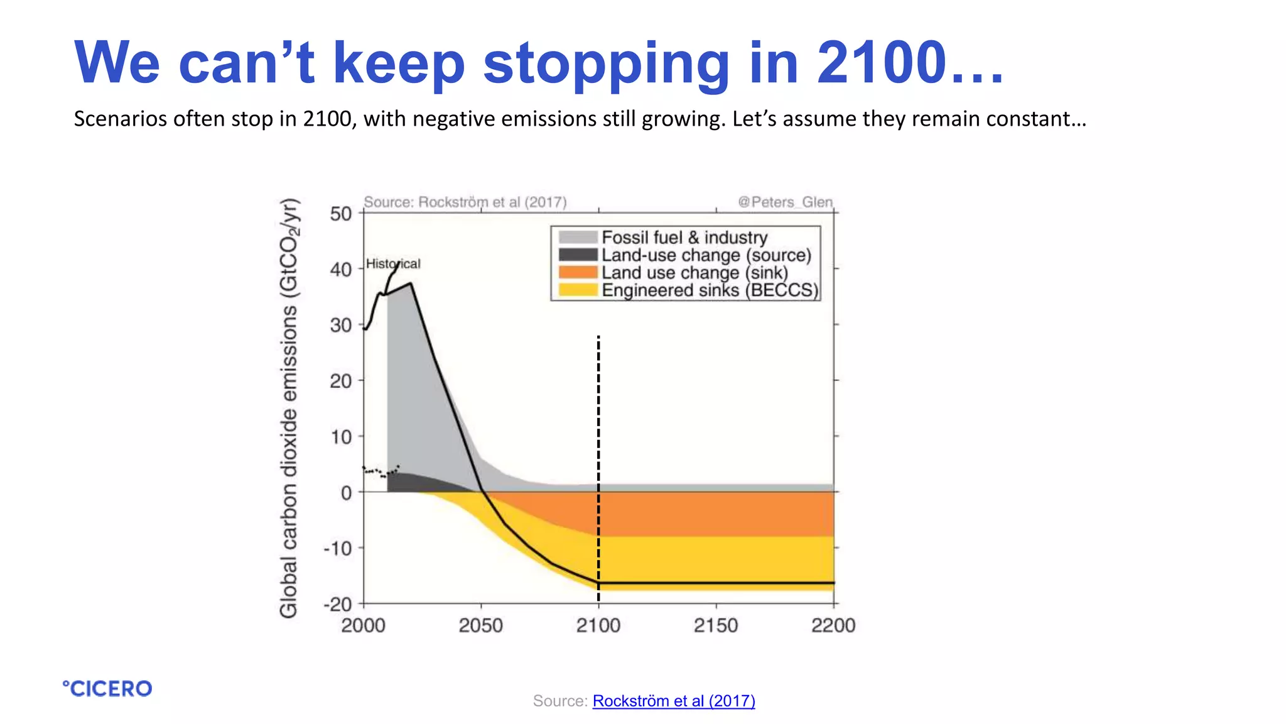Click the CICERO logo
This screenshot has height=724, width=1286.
coord(107,688)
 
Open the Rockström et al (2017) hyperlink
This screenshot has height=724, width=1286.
coord(673,701)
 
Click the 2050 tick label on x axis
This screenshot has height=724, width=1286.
coord(480,625)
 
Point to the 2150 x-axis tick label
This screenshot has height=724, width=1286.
coord(716,625)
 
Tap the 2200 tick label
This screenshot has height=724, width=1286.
coord(833,625)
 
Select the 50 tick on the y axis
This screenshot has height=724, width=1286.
coord(341,214)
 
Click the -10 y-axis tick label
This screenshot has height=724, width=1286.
coord(338,549)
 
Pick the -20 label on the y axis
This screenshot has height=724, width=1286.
coord(338,605)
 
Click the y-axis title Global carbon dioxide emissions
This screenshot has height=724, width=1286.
coord(289,409)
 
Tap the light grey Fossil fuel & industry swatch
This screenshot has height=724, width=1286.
coord(577,237)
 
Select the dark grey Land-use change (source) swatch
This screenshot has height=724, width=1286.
coord(577,255)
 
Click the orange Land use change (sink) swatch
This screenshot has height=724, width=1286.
coord(577,272)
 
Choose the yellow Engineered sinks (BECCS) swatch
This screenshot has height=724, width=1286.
coord(577,290)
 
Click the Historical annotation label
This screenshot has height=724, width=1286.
coord(393,263)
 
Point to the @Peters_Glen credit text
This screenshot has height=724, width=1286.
coord(785,202)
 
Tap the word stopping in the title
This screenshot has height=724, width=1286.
coord(605,63)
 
